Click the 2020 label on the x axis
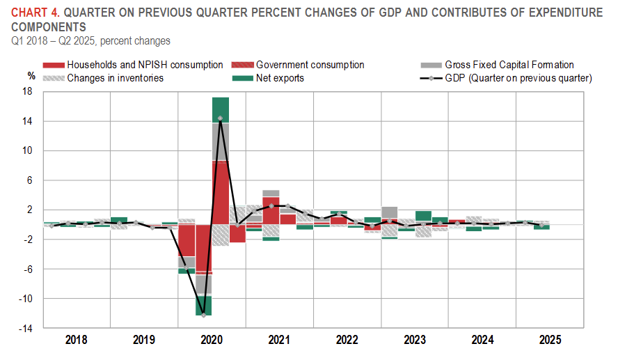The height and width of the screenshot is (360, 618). click(x=212, y=340)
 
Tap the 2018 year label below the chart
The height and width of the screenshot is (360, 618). click(x=77, y=340)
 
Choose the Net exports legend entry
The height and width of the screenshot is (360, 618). click(x=280, y=78)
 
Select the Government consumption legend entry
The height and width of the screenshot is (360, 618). click(x=310, y=65)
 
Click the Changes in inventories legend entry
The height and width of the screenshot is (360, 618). click(x=116, y=78)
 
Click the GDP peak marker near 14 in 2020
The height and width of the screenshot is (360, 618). click(x=221, y=118)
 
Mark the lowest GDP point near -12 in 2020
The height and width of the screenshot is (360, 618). click(x=204, y=315)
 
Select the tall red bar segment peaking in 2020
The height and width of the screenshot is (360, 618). click(x=221, y=192)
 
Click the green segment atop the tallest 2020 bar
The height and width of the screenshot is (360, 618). click(x=221, y=110)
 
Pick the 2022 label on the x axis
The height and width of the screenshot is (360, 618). click(x=347, y=340)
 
